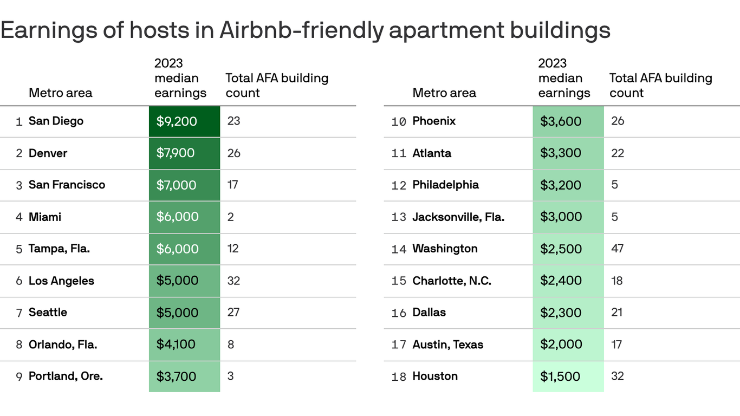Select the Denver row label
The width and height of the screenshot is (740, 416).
pos(48,153)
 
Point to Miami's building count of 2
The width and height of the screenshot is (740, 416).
pos(231,217)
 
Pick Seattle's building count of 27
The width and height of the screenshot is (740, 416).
pos(233,312)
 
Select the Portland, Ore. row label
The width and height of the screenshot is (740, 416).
pos(66,376)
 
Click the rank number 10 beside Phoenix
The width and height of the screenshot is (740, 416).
pos(398,121)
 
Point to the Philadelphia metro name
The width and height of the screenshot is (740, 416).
pos(445,185)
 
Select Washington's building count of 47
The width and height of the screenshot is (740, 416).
pos(617,249)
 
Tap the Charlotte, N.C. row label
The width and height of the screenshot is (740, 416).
pos(452,281)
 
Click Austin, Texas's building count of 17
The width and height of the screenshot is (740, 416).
pos(616,344)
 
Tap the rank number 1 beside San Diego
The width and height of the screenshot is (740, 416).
pos(19,122)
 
